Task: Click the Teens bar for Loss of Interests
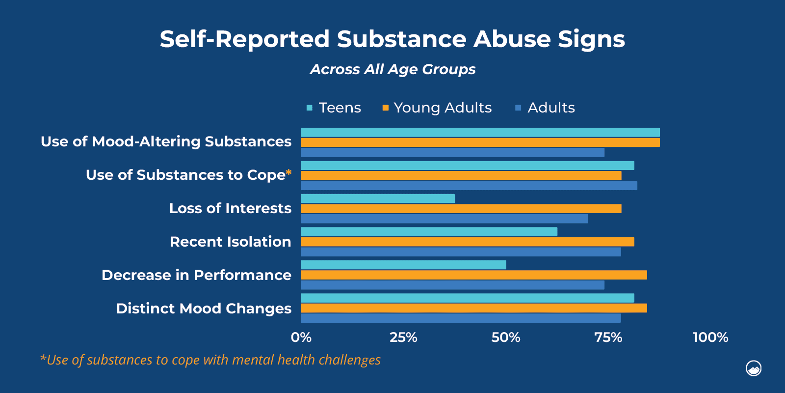point(378,198)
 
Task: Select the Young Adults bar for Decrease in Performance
point(474,275)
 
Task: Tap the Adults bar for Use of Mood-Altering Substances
point(452,153)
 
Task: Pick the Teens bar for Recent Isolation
point(429,232)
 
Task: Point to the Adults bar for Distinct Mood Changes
point(461,318)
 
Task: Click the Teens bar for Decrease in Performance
point(403,265)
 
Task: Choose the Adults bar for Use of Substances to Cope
point(469,186)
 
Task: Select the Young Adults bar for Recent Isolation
point(468,242)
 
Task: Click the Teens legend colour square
point(310,108)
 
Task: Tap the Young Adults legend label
point(443,108)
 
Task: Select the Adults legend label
point(551,108)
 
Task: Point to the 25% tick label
point(403,337)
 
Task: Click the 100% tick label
point(710,337)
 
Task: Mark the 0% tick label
point(301,337)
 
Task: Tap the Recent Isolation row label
point(230,242)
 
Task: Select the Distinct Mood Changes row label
point(204,309)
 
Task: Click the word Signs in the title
point(591,39)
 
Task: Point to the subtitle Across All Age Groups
point(392,69)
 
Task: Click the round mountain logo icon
point(754,368)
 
